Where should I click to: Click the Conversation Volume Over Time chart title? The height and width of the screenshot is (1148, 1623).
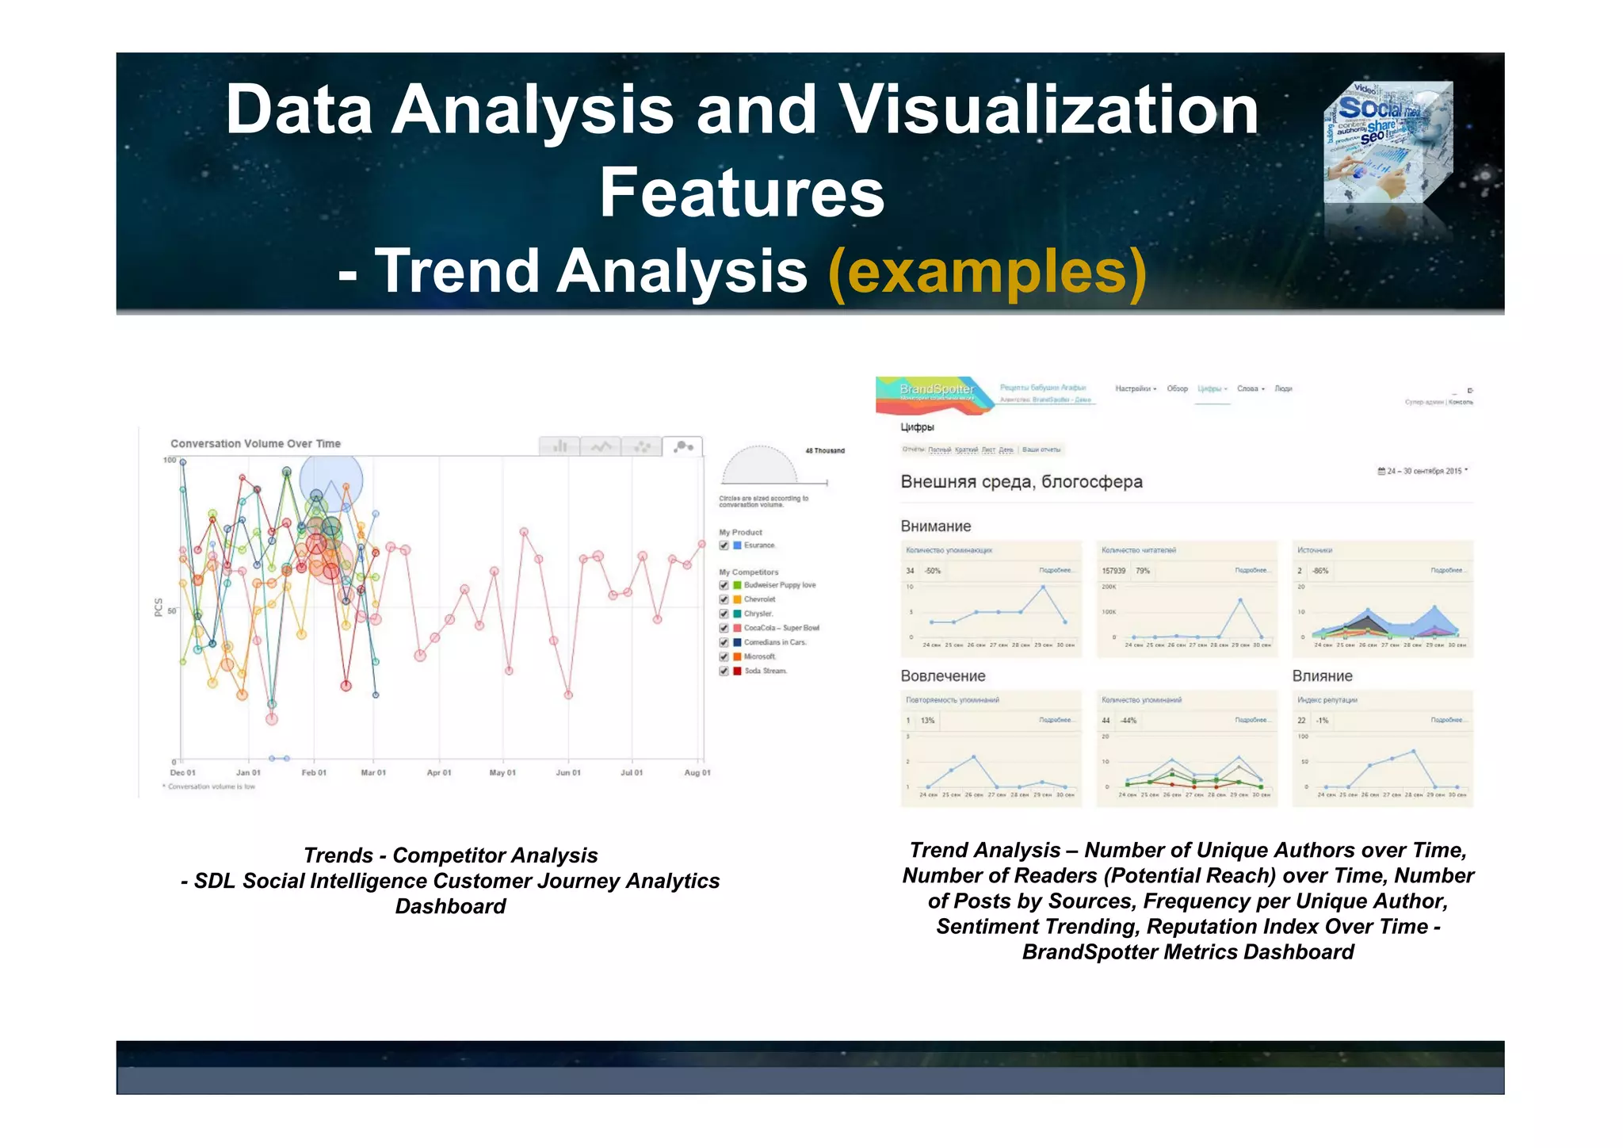255,443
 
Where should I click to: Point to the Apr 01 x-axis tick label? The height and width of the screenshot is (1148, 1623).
438,772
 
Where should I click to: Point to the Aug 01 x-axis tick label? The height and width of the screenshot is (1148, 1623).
697,772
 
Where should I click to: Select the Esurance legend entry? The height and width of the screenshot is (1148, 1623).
758,545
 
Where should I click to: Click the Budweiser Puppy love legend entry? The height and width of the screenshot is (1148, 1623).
779,585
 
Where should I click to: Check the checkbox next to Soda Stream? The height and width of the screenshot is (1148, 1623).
724,672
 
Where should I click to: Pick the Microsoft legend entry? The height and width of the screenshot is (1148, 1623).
759,656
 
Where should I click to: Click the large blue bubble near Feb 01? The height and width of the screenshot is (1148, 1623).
331,480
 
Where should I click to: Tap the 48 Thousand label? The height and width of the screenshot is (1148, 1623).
824,450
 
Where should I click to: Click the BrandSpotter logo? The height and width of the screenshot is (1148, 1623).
936,389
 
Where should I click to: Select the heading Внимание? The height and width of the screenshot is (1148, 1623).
935,526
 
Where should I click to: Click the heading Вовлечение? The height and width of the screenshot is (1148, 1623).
942,676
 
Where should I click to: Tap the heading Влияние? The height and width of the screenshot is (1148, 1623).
1322,676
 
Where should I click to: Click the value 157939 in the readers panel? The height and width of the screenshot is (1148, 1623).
1113,571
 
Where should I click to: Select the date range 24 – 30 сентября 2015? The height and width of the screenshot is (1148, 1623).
1423,471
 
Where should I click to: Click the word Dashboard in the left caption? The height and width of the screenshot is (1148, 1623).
450,906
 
